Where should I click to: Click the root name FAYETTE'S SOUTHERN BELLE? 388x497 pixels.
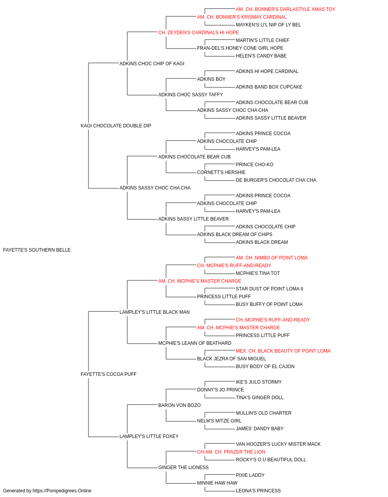pyautogui.click(x=37, y=250)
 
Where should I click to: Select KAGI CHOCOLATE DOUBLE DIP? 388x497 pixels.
pyautogui.click(x=116, y=125)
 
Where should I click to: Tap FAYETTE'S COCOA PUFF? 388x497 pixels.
pyautogui.click(x=109, y=374)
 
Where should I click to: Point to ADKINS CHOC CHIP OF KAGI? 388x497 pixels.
pyautogui.click(x=152, y=64)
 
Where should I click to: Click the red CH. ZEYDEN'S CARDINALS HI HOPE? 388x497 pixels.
pyautogui.click(x=199, y=33)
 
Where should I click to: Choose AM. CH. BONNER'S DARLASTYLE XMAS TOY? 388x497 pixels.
pyautogui.click(x=286, y=9)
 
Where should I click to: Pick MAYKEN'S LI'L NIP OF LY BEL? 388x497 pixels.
pyautogui.click(x=268, y=25)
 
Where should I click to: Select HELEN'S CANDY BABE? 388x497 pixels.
pyautogui.click(x=261, y=56)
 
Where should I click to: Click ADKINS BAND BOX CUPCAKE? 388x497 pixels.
pyautogui.click(x=269, y=87)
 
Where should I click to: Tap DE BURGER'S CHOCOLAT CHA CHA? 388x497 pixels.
pyautogui.click(x=276, y=180)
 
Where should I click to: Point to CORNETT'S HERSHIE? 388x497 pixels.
pyautogui.click(x=221, y=172)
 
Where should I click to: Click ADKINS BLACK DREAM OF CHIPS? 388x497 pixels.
pyautogui.click(x=235, y=235)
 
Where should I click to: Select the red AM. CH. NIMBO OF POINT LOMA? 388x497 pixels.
pyautogui.click(x=272, y=258)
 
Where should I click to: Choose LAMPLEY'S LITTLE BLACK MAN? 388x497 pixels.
pyautogui.click(x=154, y=312)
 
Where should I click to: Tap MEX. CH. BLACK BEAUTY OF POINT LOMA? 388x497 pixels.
pyautogui.click(x=283, y=351)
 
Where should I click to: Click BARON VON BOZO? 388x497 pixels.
pyautogui.click(x=179, y=405)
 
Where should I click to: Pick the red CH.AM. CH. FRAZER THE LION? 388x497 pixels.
pyautogui.click(x=231, y=452)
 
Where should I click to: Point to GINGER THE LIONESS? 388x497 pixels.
pyautogui.click(x=184, y=467)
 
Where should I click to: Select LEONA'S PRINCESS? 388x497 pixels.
pyautogui.click(x=258, y=491)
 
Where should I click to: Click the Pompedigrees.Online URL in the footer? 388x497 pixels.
pyautogui.click(x=62, y=491)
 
